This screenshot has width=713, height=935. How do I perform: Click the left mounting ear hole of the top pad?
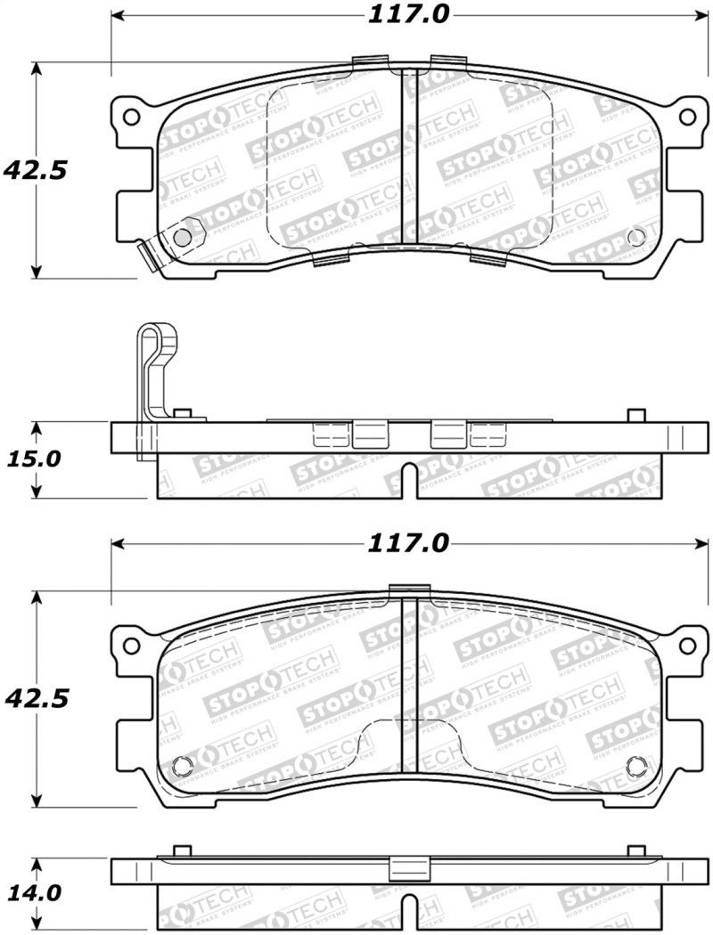click(x=131, y=117)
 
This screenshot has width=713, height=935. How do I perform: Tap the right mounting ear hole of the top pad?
click(x=687, y=117)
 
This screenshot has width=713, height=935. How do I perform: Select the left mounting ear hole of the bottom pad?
click(x=131, y=644)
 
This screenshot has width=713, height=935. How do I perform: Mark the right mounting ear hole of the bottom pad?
click(x=687, y=644)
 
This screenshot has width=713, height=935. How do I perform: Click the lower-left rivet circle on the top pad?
click(x=181, y=237)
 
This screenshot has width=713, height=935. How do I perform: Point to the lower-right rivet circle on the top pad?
click(x=635, y=237)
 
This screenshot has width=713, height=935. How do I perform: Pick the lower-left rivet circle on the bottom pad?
click(x=182, y=766)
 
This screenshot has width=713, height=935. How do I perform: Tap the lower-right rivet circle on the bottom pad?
click(x=635, y=766)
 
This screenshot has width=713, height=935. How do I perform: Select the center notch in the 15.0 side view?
click(x=408, y=481)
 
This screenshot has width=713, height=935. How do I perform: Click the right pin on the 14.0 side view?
click(x=635, y=850)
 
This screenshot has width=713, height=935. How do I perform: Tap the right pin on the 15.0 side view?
click(x=635, y=415)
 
